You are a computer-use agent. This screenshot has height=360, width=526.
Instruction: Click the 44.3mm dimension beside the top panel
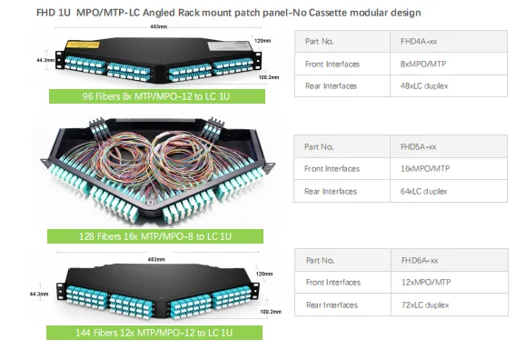(x=44, y=60)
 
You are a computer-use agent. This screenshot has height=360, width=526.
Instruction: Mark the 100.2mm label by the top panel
(x=269, y=78)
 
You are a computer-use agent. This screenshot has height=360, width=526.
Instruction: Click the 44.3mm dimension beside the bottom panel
(x=39, y=294)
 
